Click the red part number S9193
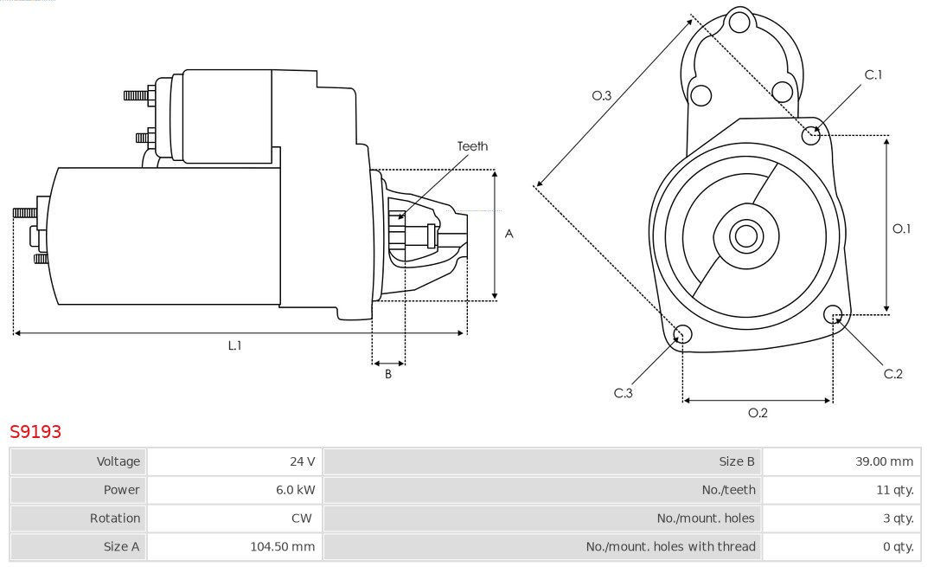click(35, 431)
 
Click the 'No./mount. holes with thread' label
click(670, 546)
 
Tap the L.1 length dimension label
click(234, 345)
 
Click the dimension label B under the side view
click(388, 375)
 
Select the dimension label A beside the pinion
click(509, 234)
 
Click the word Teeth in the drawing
click(472, 146)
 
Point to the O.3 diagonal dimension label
click(601, 95)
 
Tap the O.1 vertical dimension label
click(901, 229)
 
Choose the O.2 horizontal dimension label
click(758, 413)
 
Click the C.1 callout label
click(873, 74)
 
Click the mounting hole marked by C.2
click(834, 313)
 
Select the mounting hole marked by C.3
click(682, 334)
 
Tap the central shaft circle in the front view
click(744, 235)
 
